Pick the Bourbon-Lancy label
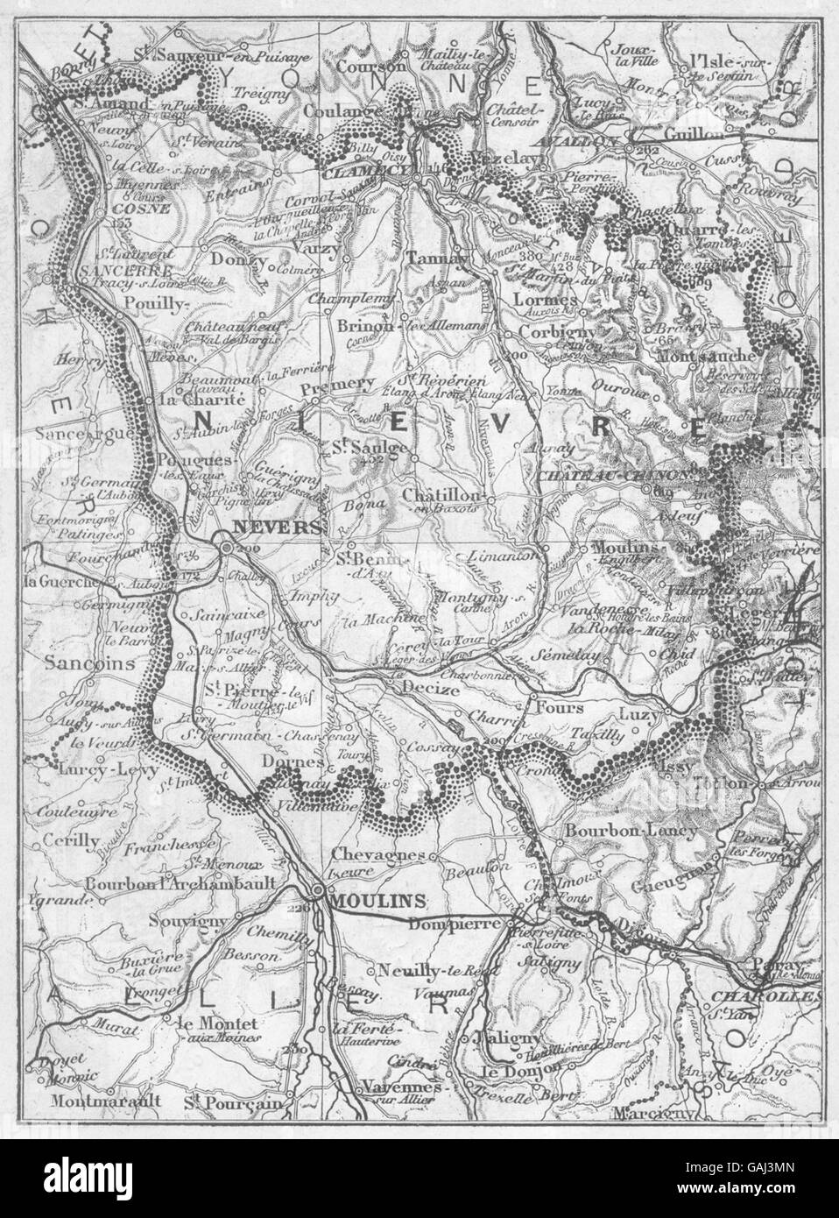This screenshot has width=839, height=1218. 620,829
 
